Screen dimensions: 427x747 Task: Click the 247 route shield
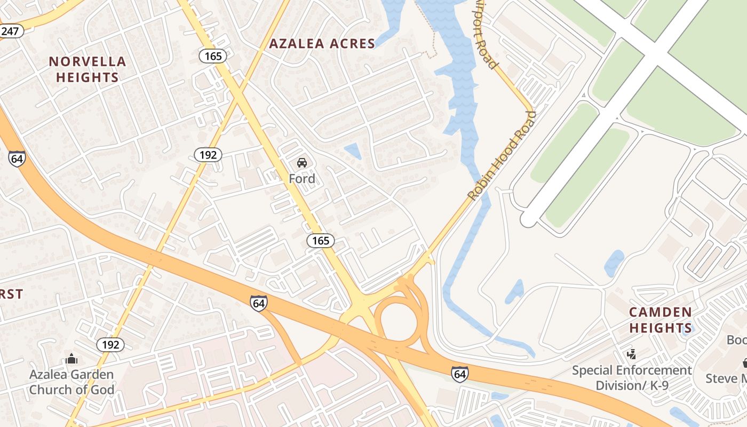tap(10, 31)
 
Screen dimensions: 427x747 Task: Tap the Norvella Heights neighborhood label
tap(88, 69)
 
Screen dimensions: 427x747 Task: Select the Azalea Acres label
tap(322, 44)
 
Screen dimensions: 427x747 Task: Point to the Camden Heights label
tap(661, 320)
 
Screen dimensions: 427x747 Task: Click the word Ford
tap(302, 179)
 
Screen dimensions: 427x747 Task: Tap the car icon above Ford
tap(302, 163)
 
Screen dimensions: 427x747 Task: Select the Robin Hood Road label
tap(501, 156)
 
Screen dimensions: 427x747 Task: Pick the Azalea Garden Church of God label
tap(71, 382)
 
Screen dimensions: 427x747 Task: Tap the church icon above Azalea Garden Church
tap(71, 359)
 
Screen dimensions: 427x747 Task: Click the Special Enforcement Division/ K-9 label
tap(632, 378)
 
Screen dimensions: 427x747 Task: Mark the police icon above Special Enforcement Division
tap(632, 353)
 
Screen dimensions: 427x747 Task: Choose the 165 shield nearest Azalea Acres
tap(213, 56)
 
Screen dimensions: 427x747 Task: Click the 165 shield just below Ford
tap(320, 241)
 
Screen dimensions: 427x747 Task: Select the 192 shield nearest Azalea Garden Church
tap(110, 345)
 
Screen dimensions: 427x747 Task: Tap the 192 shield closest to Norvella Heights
tap(208, 155)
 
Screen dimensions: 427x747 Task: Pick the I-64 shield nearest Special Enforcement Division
tap(459, 373)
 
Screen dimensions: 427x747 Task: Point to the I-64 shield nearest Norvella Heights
tap(17, 159)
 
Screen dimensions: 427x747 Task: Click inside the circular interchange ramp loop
tap(398, 322)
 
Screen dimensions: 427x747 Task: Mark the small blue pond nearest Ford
tap(353, 151)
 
